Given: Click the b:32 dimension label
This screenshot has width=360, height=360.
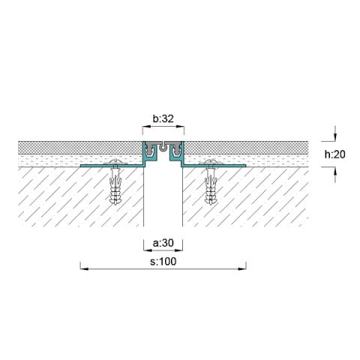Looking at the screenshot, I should pos(163,118).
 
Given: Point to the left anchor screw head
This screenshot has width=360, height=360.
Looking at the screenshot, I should pos(115,163).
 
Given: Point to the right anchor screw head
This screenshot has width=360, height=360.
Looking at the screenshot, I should pos(211,163).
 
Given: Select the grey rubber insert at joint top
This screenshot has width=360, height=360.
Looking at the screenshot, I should pos(163,143).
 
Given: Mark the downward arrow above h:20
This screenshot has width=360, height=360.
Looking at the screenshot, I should pos(335,136).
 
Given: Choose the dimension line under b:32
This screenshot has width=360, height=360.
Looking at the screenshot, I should pos(163,126).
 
